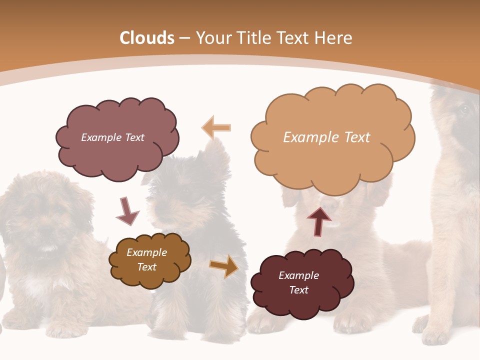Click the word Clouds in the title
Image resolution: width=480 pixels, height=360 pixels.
pyautogui.click(x=147, y=38)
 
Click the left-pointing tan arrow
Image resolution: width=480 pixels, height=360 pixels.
pyautogui.click(x=216, y=127)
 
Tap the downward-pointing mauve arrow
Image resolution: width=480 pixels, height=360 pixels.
pyautogui.click(x=127, y=211)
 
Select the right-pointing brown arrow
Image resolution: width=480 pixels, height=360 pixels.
pyautogui.click(x=224, y=266)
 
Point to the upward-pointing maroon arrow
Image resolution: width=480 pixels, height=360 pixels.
pyautogui.click(x=319, y=221)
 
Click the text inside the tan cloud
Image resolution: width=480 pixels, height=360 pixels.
pyautogui.click(x=326, y=137)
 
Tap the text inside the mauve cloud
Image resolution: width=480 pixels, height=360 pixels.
pyautogui.click(x=112, y=137)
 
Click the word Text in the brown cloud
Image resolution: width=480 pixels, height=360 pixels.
pyautogui.click(x=146, y=267)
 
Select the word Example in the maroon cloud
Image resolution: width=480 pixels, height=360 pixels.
pyautogui.click(x=298, y=275)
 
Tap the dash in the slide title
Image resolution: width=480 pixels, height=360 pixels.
pyautogui.click(x=184, y=38)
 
